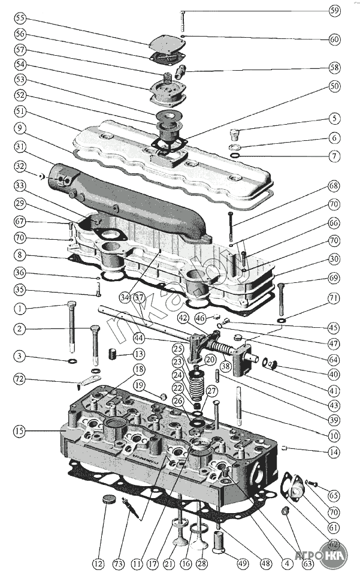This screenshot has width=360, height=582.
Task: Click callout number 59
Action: pyautogui.click(x=334, y=11)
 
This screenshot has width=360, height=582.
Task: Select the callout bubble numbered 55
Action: pyautogui.click(x=20, y=18)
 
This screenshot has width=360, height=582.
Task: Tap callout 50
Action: pyautogui.click(x=334, y=86)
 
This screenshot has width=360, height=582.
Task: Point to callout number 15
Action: pyautogui.click(x=20, y=430)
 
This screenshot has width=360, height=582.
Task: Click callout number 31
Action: pyautogui.click(x=20, y=147)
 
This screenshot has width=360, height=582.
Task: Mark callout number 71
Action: pyautogui.click(x=334, y=298)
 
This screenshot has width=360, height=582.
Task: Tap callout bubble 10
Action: pyautogui.click(x=334, y=435)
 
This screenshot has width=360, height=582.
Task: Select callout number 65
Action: pyautogui.click(x=334, y=496)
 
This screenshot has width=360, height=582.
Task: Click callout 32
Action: pyautogui.click(x=20, y=166)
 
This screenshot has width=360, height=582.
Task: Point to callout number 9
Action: pyautogui.click(x=20, y=128)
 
